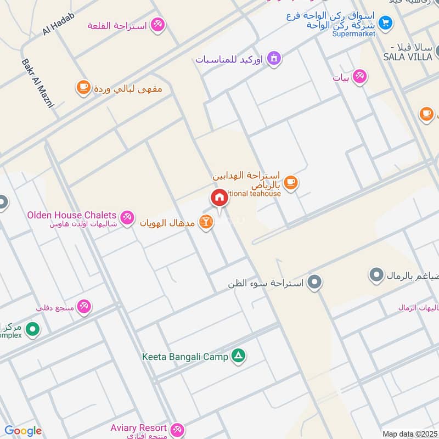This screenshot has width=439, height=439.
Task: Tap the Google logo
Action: point(22,431)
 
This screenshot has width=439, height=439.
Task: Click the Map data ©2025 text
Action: point(410,434)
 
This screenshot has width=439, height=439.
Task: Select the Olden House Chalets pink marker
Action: point(127,217)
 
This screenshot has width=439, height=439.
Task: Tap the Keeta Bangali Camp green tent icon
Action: point(238,356)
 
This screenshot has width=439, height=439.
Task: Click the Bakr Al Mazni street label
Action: point(37,83)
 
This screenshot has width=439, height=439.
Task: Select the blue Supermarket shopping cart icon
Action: point(386,22)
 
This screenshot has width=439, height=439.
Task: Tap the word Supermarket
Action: point(354,34)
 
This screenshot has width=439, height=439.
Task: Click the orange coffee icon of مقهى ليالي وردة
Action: point(83,87)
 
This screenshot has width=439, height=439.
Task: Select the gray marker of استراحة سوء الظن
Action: point(314,283)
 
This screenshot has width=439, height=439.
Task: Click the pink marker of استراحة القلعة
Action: point(158,24)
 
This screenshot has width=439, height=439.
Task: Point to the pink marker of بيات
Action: point(359,76)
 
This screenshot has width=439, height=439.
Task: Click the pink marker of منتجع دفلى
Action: point(84,306)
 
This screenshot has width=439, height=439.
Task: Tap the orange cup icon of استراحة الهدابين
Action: point(291,183)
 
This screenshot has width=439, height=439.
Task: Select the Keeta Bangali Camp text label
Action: point(185,357)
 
